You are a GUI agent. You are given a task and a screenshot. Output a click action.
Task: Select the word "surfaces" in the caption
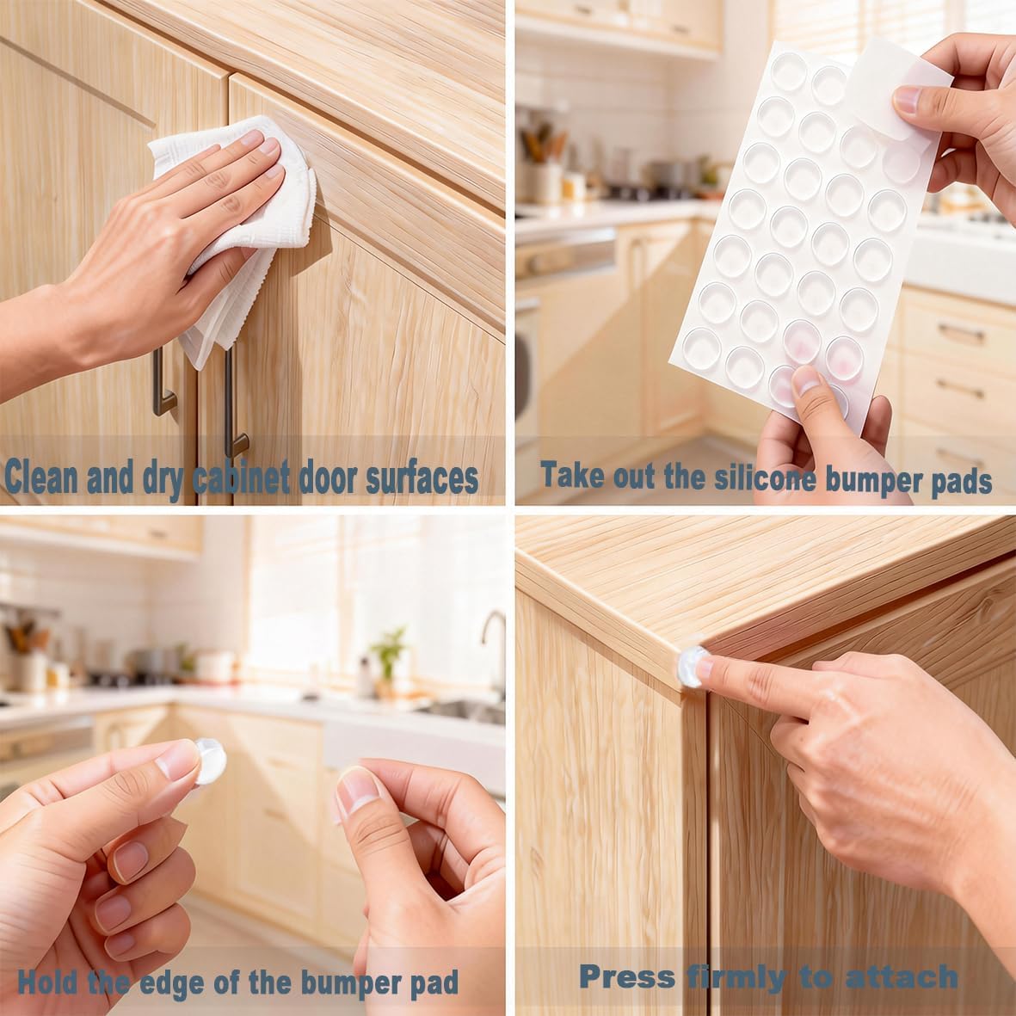[422, 478]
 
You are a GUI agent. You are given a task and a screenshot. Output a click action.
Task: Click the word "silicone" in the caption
[766, 478]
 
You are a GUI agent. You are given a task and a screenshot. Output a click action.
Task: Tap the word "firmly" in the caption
[736, 977]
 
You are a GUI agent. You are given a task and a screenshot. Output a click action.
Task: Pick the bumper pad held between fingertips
[209, 761]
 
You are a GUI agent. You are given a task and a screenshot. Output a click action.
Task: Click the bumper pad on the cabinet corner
[691, 667]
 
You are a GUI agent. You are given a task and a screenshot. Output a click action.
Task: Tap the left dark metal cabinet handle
[162, 382]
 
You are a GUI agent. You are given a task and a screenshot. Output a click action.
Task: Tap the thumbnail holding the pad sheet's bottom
[805, 380]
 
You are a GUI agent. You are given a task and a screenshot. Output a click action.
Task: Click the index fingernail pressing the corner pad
[705, 668]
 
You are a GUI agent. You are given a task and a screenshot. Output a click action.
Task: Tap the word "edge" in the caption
[172, 983]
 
